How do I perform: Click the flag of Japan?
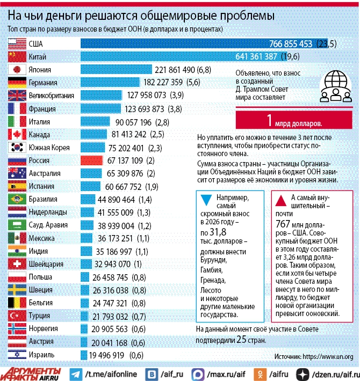tap(17, 69)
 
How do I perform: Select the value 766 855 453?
tap(291, 44)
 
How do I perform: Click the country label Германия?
tap(43, 83)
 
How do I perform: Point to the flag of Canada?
tap(17, 134)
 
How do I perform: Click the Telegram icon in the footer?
tap(76, 373)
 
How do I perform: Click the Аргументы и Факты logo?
tap(32, 372)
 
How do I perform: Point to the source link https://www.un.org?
tap(328, 356)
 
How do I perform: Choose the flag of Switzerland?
tap(17, 263)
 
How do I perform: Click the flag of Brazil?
tap(17, 199)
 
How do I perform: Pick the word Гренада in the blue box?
tap(214, 280)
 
